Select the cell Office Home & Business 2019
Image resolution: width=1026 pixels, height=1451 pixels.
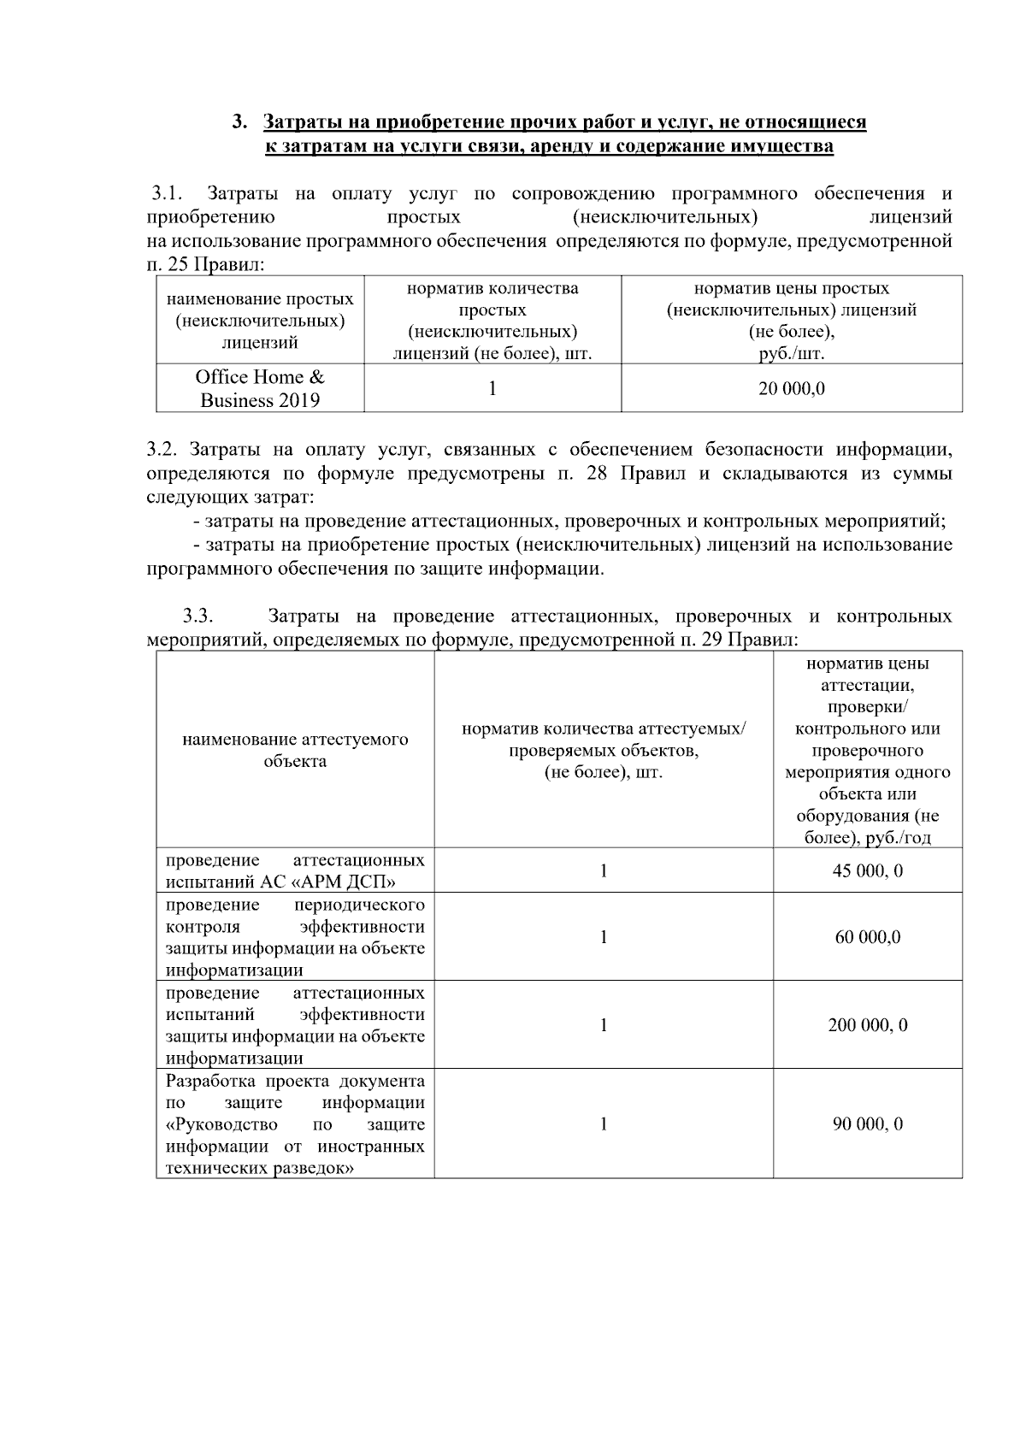tap(260, 389)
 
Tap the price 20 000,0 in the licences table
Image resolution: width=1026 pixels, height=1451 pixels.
tap(791, 389)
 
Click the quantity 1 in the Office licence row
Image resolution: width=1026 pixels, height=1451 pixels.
tap(492, 388)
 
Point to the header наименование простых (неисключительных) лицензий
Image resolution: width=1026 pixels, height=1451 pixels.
tap(260, 321)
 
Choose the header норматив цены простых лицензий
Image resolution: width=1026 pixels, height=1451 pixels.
tap(791, 321)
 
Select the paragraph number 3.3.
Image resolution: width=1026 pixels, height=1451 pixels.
tap(198, 616)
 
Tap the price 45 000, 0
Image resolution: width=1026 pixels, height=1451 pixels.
tap(867, 871)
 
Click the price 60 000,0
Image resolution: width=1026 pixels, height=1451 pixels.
tap(867, 937)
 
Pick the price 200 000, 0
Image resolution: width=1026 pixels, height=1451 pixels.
tap(867, 1025)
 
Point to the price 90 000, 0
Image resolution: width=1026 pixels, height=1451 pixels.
tap(867, 1124)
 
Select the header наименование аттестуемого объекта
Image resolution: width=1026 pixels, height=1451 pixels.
tap(295, 750)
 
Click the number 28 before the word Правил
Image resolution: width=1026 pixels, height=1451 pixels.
tap(597, 474)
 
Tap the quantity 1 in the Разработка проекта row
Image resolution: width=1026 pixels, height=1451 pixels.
tap(604, 1124)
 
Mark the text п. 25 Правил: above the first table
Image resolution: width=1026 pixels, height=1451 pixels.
tap(206, 265)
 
